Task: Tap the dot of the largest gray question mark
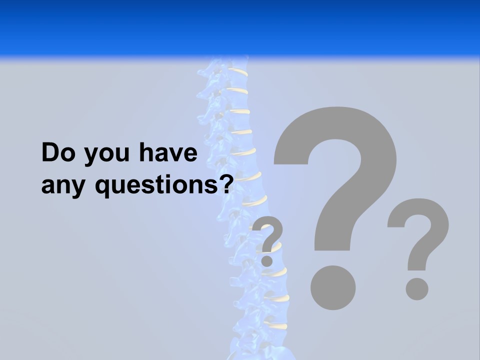[332, 287]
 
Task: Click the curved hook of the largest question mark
[350, 135]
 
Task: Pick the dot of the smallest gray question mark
[267, 260]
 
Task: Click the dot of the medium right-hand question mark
[417, 288]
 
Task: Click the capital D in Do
[51, 153]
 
